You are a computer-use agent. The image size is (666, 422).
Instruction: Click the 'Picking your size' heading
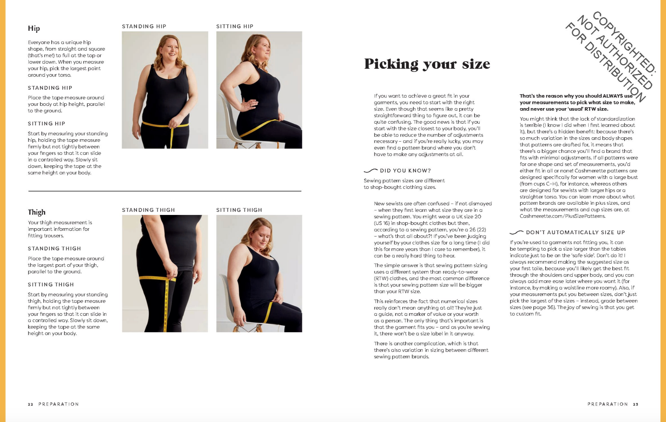click(x=427, y=64)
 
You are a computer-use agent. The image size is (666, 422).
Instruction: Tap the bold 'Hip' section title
click(x=34, y=28)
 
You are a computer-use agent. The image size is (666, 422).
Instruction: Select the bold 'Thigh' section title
click(x=37, y=212)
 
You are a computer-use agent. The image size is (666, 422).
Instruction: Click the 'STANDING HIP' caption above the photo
click(x=144, y=26)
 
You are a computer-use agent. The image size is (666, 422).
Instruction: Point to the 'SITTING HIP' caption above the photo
click(x=235, y=26)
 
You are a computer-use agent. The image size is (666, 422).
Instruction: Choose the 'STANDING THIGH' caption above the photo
click(x=148, y=210)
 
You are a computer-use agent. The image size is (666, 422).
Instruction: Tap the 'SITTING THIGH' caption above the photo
click(x=239, y=210)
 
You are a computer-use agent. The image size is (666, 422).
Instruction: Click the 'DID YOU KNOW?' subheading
click(x=405, y=171)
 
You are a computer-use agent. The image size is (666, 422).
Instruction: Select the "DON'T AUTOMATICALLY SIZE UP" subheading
click(x=575, y=232)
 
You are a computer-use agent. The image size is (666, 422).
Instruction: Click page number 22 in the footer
click(x=30, y=404)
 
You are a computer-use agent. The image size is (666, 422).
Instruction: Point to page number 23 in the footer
click(x=636, y=404)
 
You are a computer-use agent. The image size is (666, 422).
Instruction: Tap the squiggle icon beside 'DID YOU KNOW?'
click(x=371, y=171)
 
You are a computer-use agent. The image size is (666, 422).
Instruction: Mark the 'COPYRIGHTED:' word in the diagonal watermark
click(x=624, y=42)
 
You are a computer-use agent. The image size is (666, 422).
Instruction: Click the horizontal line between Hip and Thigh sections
click(x=165, y=191)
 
